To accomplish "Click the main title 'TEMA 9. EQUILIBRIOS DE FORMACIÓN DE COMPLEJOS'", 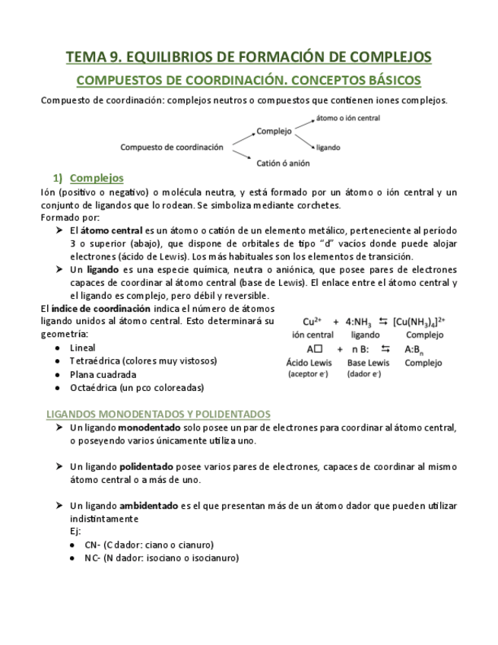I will [x=249, y=57].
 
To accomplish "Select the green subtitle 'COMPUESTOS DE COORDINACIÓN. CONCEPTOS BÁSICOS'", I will [x=249, y=80].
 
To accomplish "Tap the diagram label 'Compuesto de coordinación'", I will [x=172, y=147].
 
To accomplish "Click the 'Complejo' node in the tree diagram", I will [x=274, y=131].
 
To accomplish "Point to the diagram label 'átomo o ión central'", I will [x=347, y=118].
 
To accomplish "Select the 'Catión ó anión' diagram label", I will [x=283, y=162].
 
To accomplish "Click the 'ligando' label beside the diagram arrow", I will [x=328, y=147].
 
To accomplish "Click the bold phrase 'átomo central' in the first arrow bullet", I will [x=109, y=230].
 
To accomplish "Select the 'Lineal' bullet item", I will [x=83, y=348].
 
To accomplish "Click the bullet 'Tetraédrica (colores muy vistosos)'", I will [x=143, y=361].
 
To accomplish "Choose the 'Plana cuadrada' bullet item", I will [x=103, y=374].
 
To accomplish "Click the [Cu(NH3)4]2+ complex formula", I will [x=419, y=322].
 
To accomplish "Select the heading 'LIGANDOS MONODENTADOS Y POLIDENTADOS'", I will [x=158, y=414].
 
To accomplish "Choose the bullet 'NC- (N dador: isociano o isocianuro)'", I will [x=161, y=558].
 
